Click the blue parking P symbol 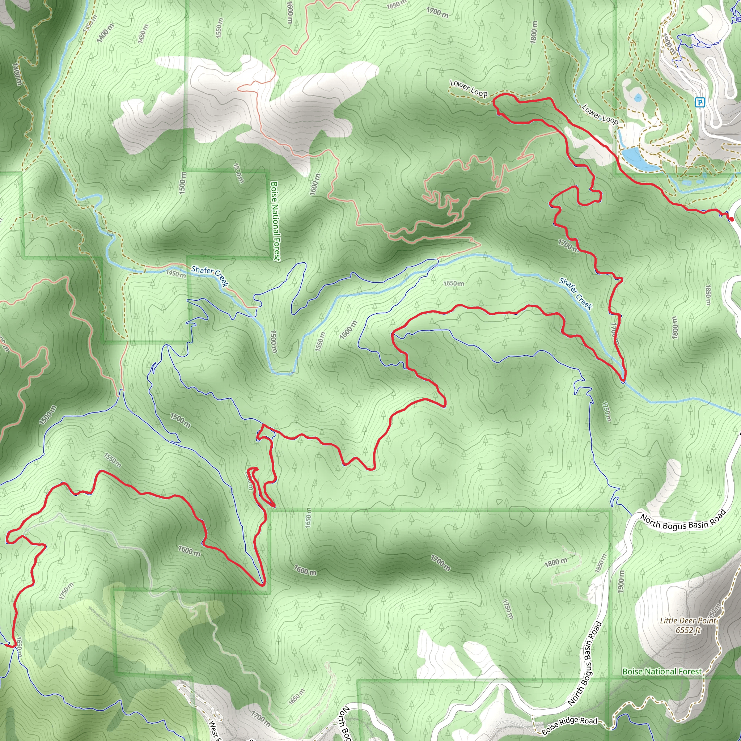[700, 102]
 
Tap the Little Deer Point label [688, 621]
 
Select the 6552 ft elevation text [688, 630]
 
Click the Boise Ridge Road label [569, 726]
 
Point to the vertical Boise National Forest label [275, 221]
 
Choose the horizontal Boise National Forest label [662, 672]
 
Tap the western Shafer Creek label [210, 276]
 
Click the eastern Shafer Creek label [576, 293]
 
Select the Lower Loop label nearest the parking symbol [600, 114]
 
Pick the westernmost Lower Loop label [468, 88]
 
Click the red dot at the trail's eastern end [731, 219]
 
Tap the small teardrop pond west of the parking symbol [638, 98]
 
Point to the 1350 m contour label [90, 25]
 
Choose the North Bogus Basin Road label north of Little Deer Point [683, 521]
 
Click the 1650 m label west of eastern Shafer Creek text [453, 283]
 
